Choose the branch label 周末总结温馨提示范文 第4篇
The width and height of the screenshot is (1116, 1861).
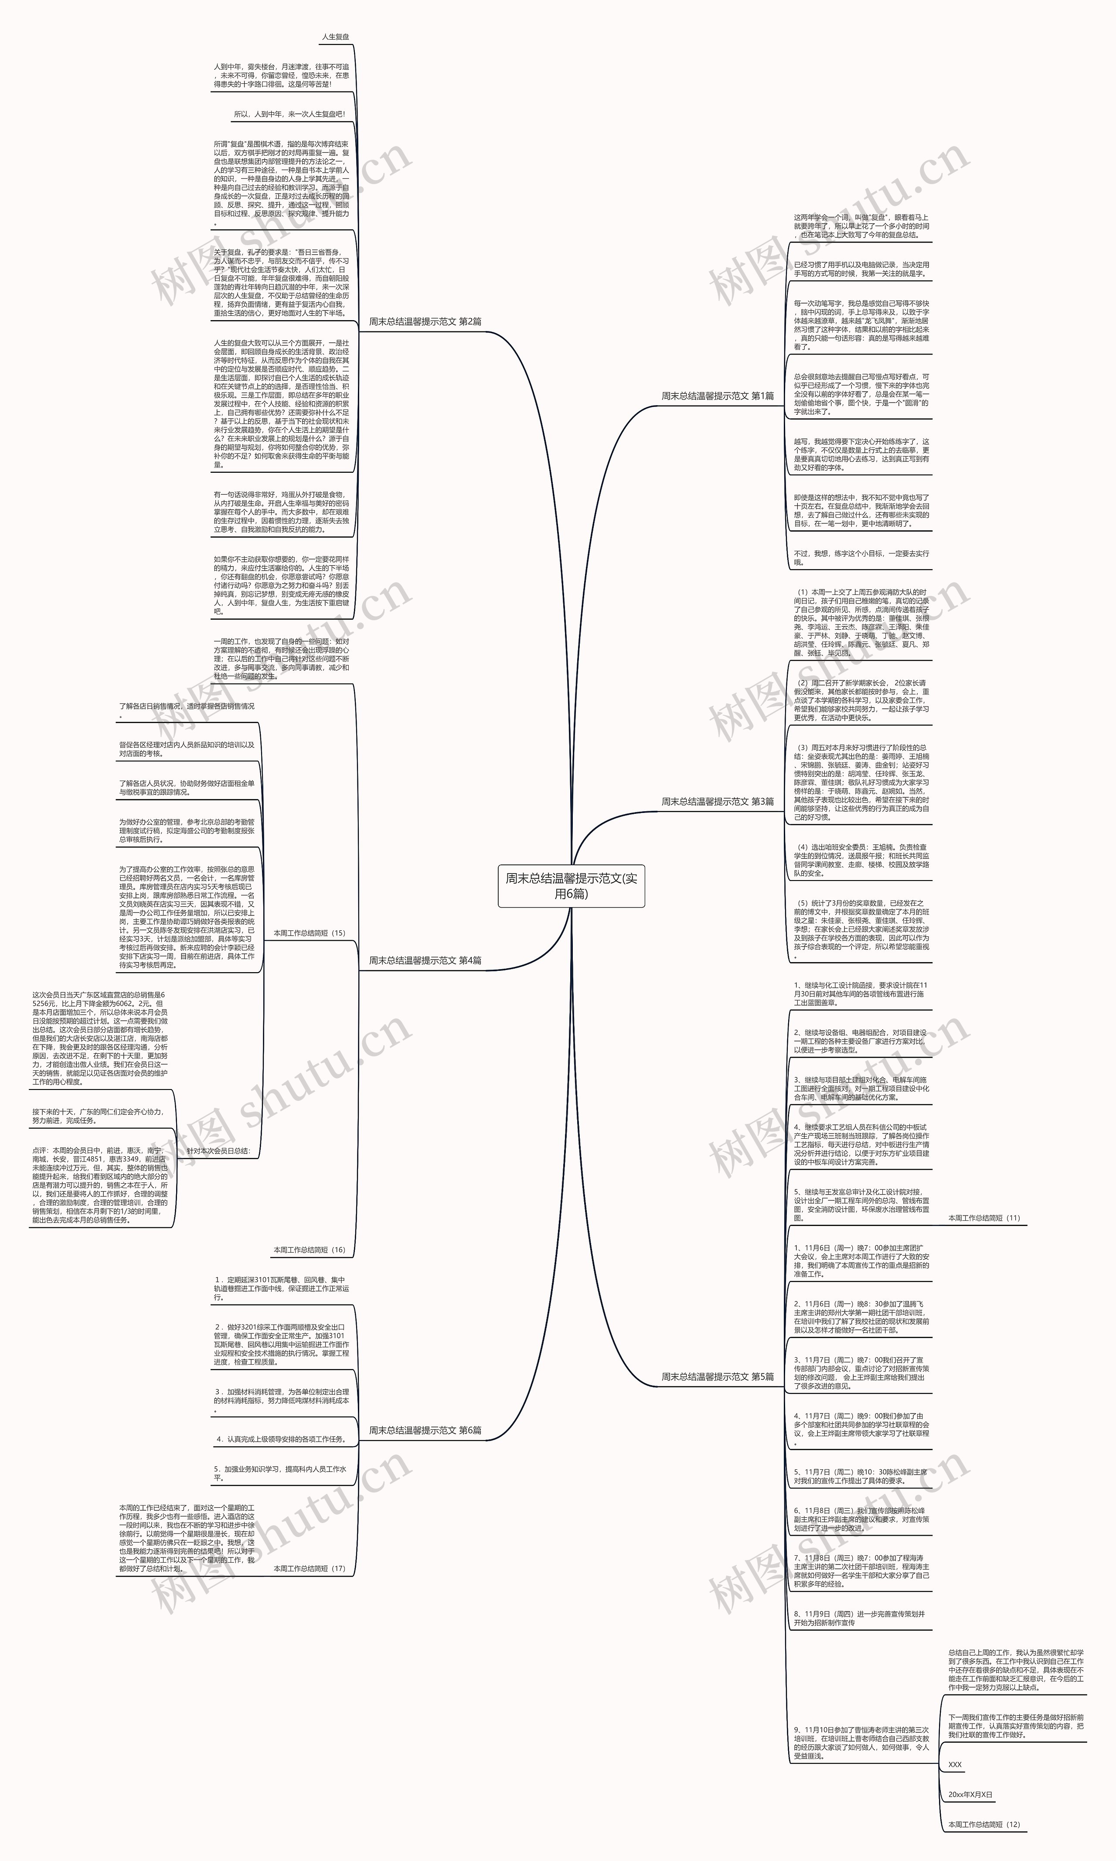(425, 960)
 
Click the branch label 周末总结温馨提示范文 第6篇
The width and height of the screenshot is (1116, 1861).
(425, 1430)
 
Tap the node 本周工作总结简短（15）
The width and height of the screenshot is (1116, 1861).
(309, 933)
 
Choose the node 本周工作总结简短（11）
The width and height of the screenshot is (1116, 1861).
(983, 1218)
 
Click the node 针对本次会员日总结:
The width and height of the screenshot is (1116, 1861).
(218, 1151)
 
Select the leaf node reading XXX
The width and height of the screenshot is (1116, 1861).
(955, 1765)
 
